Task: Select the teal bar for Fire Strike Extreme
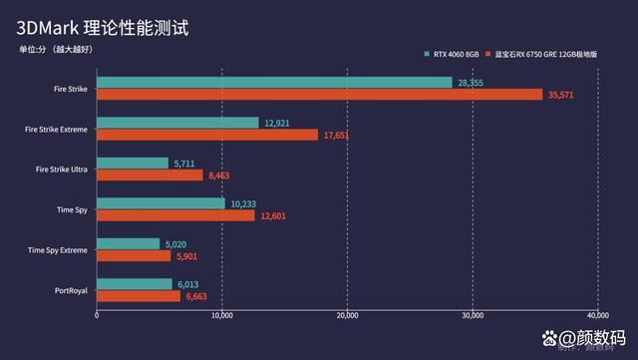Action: [177, 122]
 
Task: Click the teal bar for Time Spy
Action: [160, 202]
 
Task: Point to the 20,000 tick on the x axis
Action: [347, 316]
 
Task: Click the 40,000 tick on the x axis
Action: [596, 316]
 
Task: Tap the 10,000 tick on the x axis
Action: [222, 316]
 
